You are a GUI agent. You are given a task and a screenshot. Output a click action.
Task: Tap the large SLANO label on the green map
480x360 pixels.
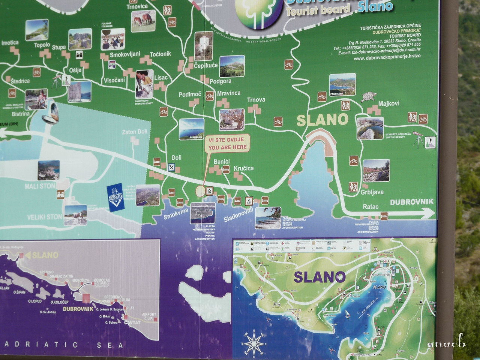[322, 120]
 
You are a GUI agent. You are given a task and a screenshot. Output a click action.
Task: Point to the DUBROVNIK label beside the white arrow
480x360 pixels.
[411, 202]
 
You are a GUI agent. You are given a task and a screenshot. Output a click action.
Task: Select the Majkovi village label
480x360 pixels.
[389, 103]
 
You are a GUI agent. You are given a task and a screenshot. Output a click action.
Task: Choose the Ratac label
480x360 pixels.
[370, 207]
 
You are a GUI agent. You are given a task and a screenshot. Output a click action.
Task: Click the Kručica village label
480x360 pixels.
[244, 168]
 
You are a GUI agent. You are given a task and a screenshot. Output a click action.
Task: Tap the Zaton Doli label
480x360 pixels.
[135, 132]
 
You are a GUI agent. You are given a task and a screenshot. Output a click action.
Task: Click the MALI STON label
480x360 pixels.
[40, 186]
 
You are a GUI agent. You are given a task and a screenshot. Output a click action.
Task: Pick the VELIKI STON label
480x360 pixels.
[45, 217]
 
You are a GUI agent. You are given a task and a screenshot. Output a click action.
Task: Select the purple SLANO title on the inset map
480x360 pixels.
[319, 277]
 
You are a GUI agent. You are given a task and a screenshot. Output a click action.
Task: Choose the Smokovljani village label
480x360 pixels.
[120, 54]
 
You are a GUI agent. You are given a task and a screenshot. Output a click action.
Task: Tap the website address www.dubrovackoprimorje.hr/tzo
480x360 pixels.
[387, 58]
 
